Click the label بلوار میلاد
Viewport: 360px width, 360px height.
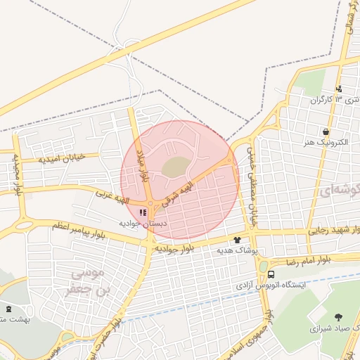click(x=143, y=166)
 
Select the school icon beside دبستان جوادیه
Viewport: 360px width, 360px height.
click(x=143, y=212)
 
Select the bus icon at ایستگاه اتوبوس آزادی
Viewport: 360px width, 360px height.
click(x=271, y=274)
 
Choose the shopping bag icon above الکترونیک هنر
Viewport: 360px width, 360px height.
click(x=326, y=131)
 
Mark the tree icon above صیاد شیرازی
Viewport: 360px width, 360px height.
click(x=339, y=317)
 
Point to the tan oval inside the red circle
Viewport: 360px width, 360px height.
click(x=176, y=167)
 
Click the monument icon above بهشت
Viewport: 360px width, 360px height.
click(x=8, y=309)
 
